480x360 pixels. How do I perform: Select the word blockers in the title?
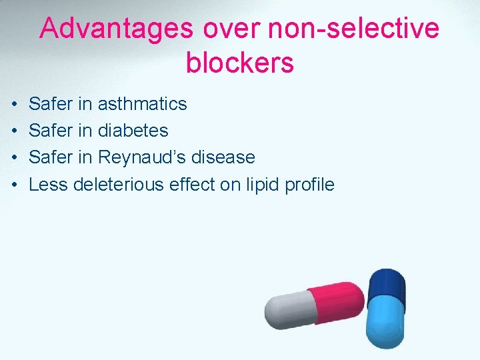tap(240, 63)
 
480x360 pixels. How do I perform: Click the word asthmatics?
tap(142, 104)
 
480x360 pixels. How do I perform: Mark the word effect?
tap(192, 185)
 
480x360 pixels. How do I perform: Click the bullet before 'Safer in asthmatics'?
tap(15, 105)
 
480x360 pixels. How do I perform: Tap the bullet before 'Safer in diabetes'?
tap(15, 131)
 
